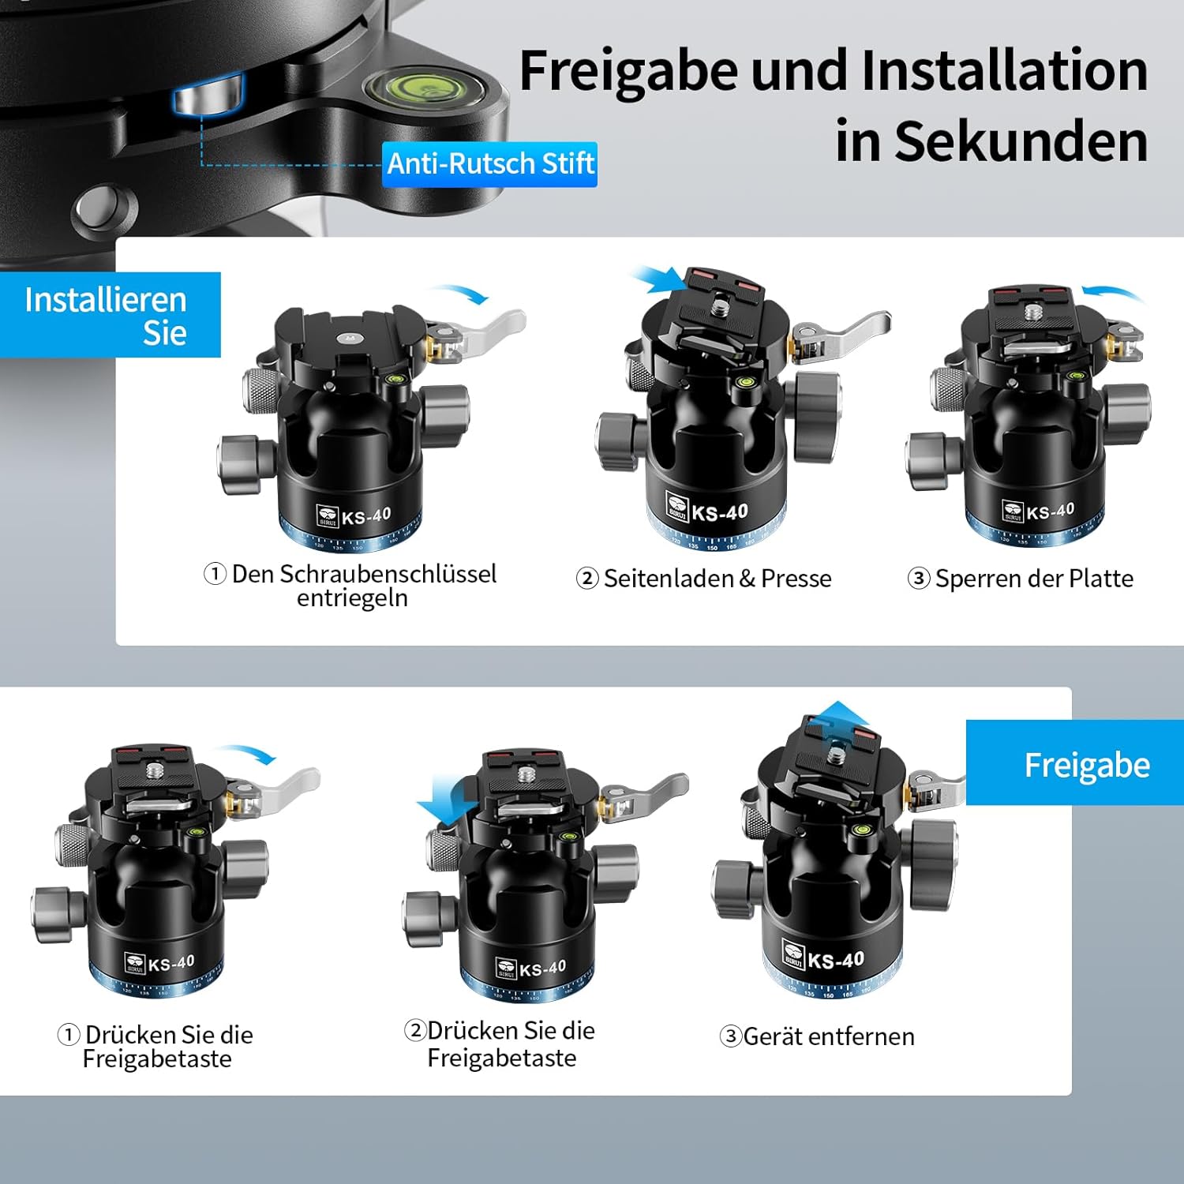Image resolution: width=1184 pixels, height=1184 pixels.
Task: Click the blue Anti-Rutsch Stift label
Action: pyautogui.click(x=489, y=164)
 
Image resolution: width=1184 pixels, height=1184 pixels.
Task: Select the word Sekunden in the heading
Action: pyautogui.click(x=1021, y=142)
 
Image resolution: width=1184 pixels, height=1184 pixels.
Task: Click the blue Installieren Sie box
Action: pyautogui.click(x=111, y=315)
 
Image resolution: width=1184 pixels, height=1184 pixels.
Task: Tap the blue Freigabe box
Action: pyautogui.click(x=1075, y=762)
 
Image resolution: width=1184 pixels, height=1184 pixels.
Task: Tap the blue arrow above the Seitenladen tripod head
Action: pyautogui.click(x=658, y=278)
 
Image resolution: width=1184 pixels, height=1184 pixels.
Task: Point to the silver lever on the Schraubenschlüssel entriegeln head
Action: pyautogui.click(x=481, y=332)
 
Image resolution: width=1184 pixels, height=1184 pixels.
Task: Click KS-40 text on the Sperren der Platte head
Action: pyautogui.click(x=1050, y=511)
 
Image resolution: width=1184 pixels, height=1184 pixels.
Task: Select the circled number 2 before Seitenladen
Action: pyautogui.click(x=587, y=579)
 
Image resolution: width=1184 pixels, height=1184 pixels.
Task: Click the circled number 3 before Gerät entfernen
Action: pyautogui.click(x=731, y=1036)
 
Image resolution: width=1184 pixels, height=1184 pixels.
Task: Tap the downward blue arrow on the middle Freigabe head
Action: pyautogui.click(x=447, y=798)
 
